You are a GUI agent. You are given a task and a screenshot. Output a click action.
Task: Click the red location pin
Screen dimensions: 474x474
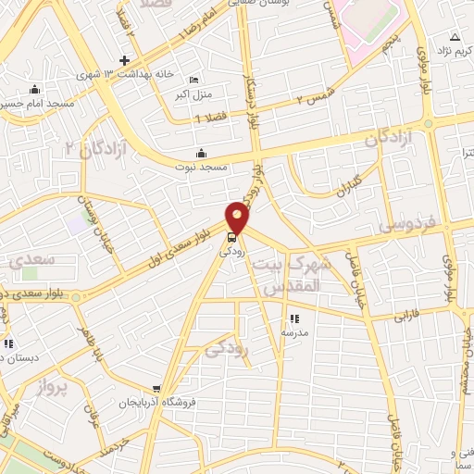pos(238,218)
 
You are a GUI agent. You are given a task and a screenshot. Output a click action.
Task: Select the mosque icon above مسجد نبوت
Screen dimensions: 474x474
pos(201,154)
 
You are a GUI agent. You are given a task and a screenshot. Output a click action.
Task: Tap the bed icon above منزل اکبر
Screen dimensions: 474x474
pos(193,80)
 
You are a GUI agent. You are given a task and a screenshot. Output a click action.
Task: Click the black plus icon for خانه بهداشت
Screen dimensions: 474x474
pos(123,60)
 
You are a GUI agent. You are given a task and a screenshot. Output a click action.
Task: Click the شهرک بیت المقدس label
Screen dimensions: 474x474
pos(287,276)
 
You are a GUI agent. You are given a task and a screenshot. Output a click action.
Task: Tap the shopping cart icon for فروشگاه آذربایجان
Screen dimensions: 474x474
pos(157,390)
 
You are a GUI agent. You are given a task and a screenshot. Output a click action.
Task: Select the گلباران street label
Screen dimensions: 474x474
pos(348,185)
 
